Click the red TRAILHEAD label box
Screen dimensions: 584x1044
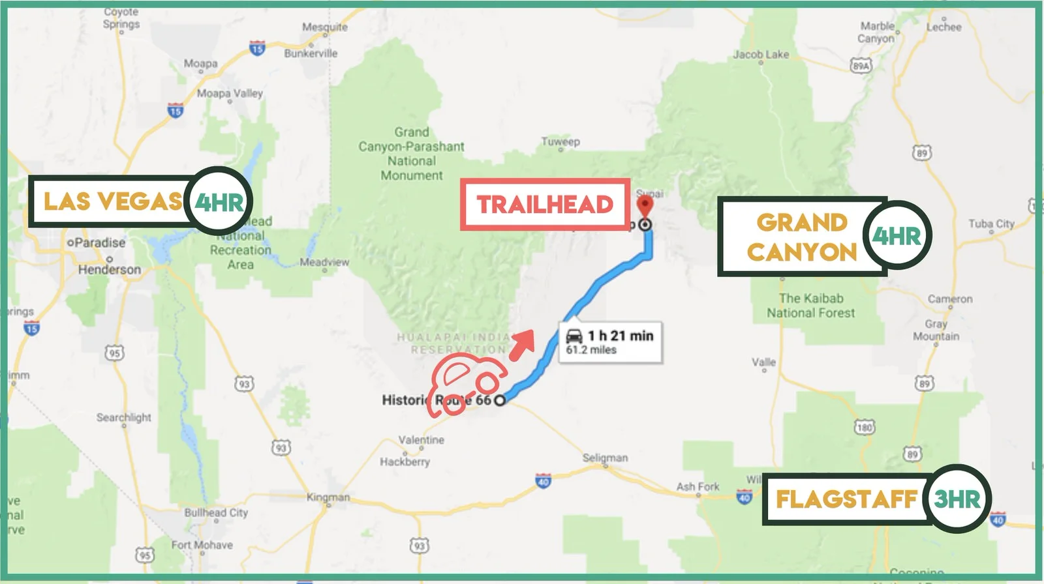click(x=545, y=205)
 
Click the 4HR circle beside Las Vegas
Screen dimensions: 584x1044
click(x=219, y=202)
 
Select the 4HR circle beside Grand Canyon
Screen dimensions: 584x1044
click(x=897, y=236)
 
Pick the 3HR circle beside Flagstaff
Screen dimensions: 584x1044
click(x=957, y=500)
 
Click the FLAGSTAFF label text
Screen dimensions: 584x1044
click(x=846, y=500)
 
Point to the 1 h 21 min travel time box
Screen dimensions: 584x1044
click(x=611, y=342)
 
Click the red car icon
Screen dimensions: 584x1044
click(x=465, y=385)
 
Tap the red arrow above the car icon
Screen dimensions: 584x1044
click(x=523, y=344)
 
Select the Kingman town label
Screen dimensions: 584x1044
click(x=328, y=497)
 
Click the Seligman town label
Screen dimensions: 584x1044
click(x=605, y=458)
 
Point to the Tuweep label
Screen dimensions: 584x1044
click(x=560, y=141)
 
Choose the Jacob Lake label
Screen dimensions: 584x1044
click(x=760, y=54)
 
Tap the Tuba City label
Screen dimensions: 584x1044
click(x=991, y=224)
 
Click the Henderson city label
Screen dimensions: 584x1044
click(x=109, y=269)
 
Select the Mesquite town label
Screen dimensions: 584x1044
click(x=324, y=27)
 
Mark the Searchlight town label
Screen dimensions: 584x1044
click(x=123, y=417)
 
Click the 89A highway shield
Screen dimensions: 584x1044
click(x=861, y=66)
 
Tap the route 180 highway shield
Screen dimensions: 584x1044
click(x=865, y=428)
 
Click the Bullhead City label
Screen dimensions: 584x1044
click(x=216, y=512)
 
